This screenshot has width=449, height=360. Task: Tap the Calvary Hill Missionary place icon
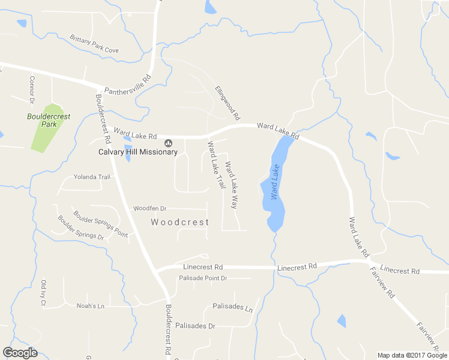168,142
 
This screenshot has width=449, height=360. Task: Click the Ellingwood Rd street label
228,101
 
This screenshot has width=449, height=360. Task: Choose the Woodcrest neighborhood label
180,222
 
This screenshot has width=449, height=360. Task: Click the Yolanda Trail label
92,177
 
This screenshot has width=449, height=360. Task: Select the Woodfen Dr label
149,208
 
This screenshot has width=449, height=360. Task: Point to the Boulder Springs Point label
100,223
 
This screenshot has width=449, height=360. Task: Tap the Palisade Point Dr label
203,278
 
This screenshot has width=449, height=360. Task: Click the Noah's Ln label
91,305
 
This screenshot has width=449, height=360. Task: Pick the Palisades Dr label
195,326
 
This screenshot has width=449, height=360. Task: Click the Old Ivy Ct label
43,293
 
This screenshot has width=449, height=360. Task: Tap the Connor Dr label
32,89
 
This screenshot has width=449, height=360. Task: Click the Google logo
20,353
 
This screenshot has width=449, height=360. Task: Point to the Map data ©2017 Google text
412,355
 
